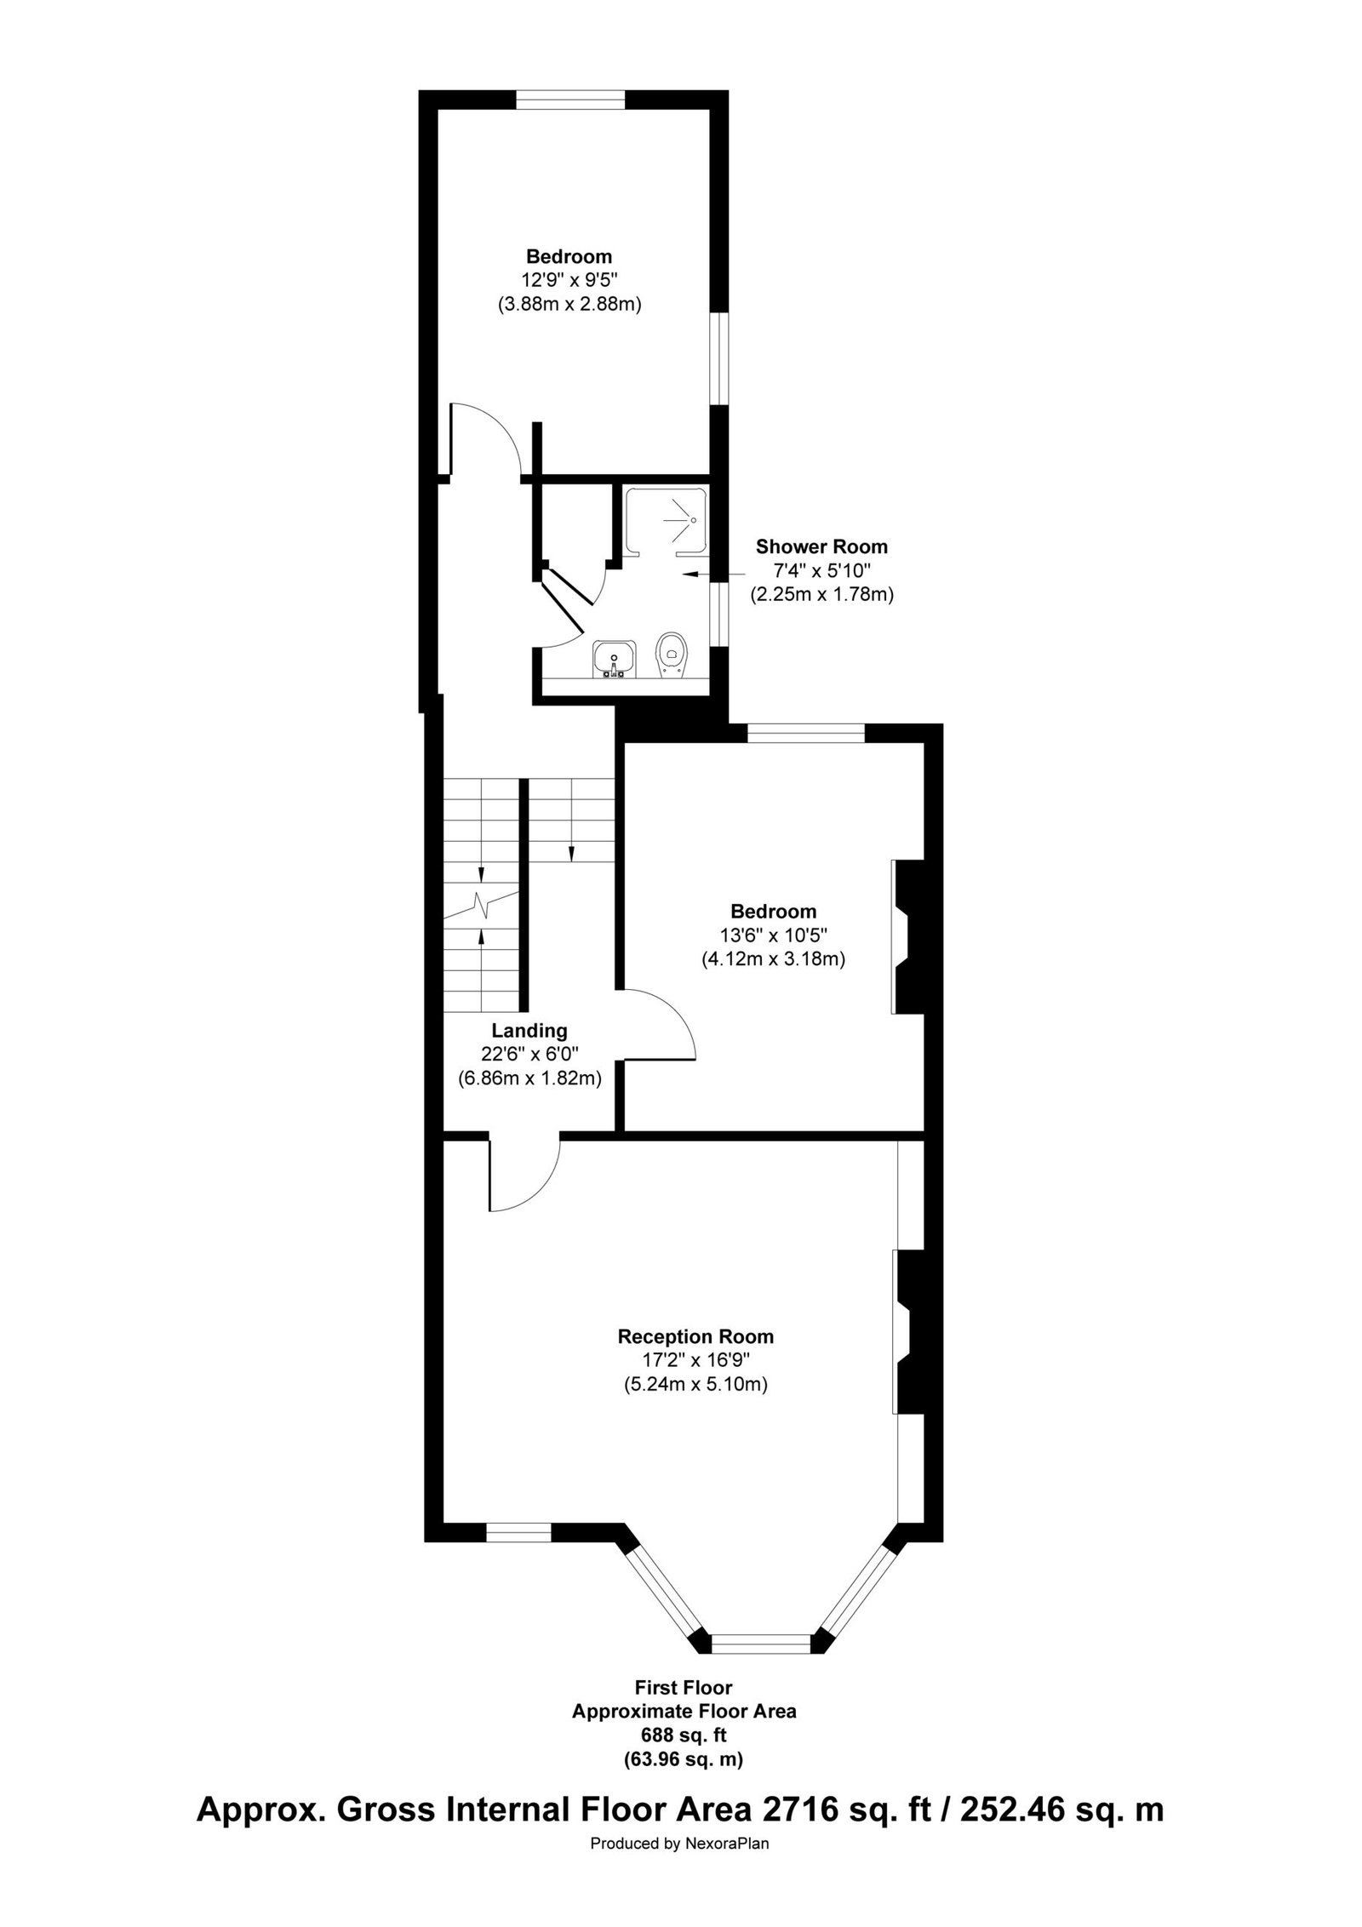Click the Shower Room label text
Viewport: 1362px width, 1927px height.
[x=821, y=546]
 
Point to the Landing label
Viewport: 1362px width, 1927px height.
[x=529, y=1031]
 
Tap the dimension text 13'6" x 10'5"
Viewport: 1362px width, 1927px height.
[x=772, y=935]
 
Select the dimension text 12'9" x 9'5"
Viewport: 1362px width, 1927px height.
[x=569, y=280]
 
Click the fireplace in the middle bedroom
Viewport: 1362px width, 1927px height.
[x=909, y=937]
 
